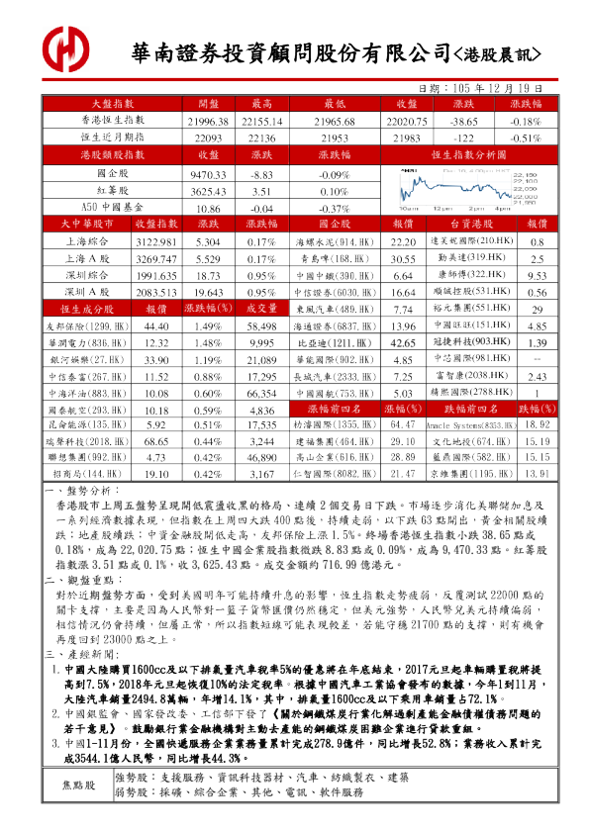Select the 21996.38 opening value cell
pos(209,120)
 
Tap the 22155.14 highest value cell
pos(262,120)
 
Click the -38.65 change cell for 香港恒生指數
pos(463,120)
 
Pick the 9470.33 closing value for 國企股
pos(209,173)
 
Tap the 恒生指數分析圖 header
pos(467,155)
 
